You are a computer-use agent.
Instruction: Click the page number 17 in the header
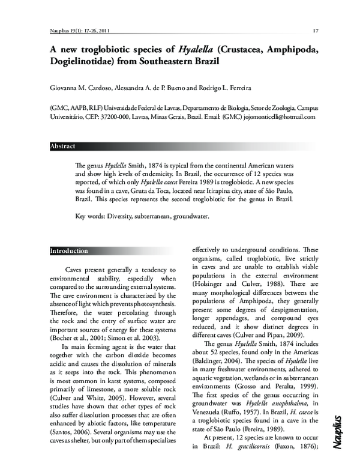pos(315,31)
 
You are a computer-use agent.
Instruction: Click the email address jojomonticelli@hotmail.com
pos(279,118)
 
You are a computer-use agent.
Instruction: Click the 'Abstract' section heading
pos(63,146)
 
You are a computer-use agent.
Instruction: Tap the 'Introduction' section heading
pos(69,250)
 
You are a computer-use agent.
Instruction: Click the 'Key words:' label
pos(89,215)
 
